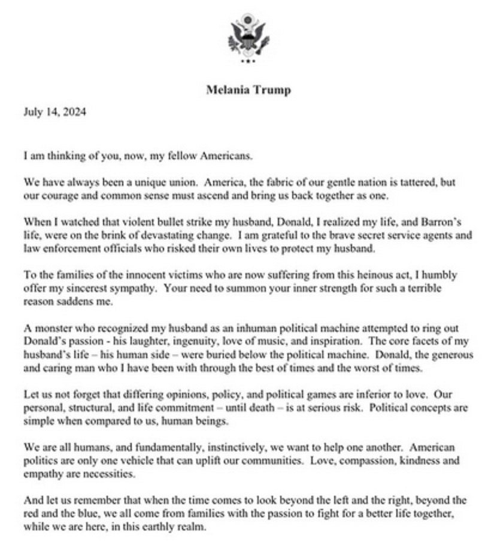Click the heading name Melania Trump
[248, 90]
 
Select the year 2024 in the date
[74, 112]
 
